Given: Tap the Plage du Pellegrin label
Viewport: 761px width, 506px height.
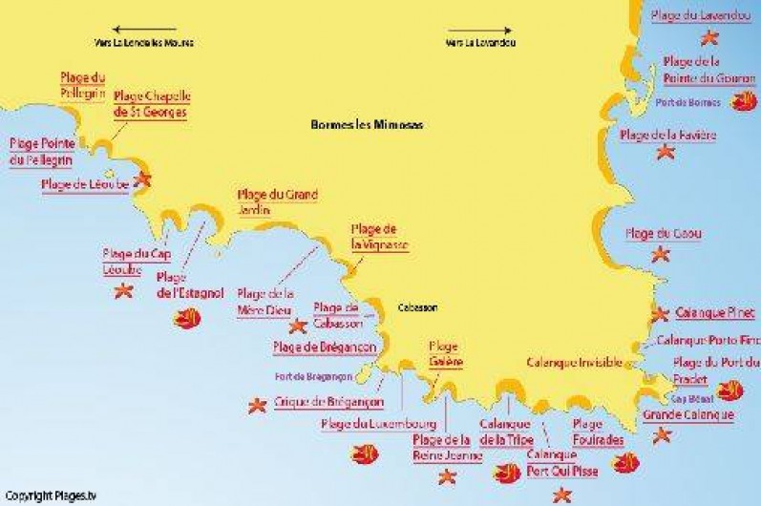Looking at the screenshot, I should point(82,85).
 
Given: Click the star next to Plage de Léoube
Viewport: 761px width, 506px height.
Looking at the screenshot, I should point(143,179).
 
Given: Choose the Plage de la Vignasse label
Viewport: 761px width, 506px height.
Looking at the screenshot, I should point(380,237).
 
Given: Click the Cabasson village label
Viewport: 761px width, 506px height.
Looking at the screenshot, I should point(417,307).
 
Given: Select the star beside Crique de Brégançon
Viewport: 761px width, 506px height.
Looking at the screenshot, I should point(256,405).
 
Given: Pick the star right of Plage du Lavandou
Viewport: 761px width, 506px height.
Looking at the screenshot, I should point(709,38).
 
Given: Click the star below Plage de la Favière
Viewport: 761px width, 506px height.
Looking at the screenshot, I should point(666,150).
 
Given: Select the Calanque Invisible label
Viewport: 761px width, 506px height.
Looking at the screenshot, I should point(574,362).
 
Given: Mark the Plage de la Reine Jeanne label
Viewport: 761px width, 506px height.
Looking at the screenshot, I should point(441,447).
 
